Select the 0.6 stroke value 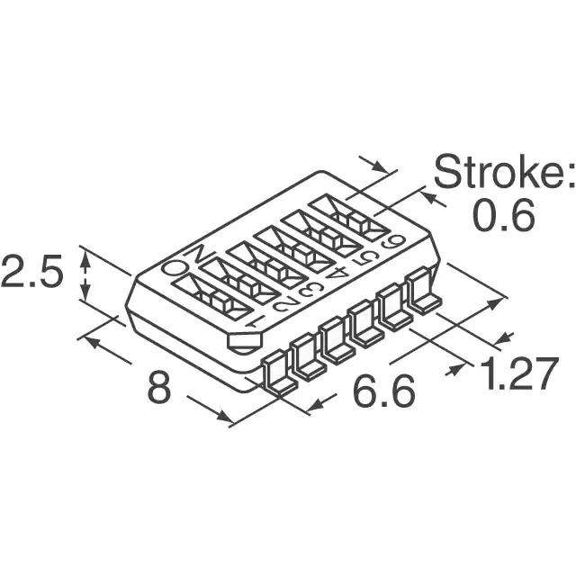click(x=504, y=216)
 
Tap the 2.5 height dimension click(x=31, y=271)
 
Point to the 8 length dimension click(x=159, y=387)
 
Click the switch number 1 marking click(x=254, y=323)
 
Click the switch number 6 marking click(x=392, y=242)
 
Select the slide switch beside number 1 click(x=212, y=297)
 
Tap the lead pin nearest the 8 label click(x=280, y=373)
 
